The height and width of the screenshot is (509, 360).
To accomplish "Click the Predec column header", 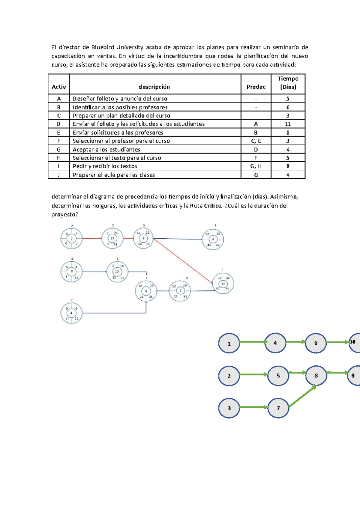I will [x=256, y=87].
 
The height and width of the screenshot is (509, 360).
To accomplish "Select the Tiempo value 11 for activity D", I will [x=288, y=124].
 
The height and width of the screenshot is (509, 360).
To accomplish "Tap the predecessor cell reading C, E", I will [x=256, y=141].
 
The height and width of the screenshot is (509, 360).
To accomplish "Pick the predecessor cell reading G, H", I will [x=256, y=166].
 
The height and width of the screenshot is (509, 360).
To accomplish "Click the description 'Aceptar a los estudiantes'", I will [x=106, y=149].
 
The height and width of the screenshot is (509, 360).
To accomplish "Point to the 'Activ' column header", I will [x=59, y=87].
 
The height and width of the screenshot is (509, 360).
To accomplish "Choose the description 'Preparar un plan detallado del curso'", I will [x=121, y=116].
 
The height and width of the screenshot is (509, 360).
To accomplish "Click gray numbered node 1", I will [x=229, y=344].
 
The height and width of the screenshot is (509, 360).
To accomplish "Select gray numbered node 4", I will [x=275, y=343].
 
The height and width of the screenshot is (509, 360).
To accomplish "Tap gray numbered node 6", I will [x=316, y=343].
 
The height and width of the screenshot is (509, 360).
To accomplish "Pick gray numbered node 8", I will [x=316, y=376].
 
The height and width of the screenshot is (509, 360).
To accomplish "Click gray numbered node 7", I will [x=278, y=408].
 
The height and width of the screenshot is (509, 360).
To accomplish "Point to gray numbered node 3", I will [x=229, y=408].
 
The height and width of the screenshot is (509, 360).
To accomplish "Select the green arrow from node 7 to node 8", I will [x=302, y=396].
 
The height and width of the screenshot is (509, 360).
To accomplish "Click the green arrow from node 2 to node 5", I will [x=253, y=374].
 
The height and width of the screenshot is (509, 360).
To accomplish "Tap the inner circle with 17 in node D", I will [x=112, y=238].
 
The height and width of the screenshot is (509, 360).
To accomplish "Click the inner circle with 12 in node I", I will [x=223, y=284].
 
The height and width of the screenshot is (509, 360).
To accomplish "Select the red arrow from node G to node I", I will [x=183, y=261].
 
